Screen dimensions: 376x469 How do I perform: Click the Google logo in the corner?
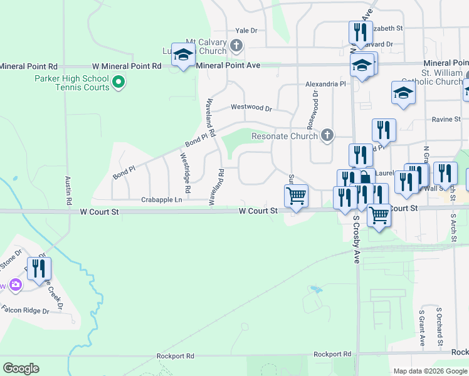click(x=21, y=368)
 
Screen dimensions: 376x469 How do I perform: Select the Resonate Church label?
click(x=284, y=136)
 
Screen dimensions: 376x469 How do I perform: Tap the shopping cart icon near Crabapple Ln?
click(x=296, y=196)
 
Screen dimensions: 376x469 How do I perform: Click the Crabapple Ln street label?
click(x=161, y=199)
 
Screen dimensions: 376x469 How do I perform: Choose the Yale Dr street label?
click(x=246, y=30)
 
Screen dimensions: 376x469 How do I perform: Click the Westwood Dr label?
click(x=251, y=107)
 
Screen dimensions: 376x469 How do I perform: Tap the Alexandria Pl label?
click(x=325, y=83)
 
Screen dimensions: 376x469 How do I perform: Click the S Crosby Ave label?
click(x=356, y=239)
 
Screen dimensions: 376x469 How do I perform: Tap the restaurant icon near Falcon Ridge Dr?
click(x=40, y=269)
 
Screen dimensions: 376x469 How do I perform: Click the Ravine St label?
click(x=446, y=119)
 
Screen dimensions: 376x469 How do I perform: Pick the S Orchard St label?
click(x=440, y=326)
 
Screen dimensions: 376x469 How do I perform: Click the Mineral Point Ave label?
click(x=228, y=65)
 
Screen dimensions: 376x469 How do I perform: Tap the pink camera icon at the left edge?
click(x=15, y=286)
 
